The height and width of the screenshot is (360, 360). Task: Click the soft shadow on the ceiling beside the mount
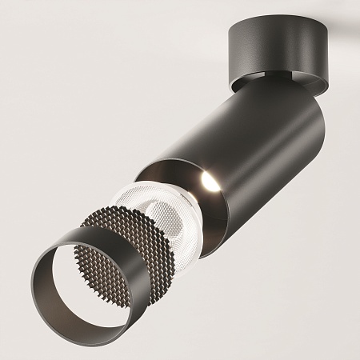pos(336,32)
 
